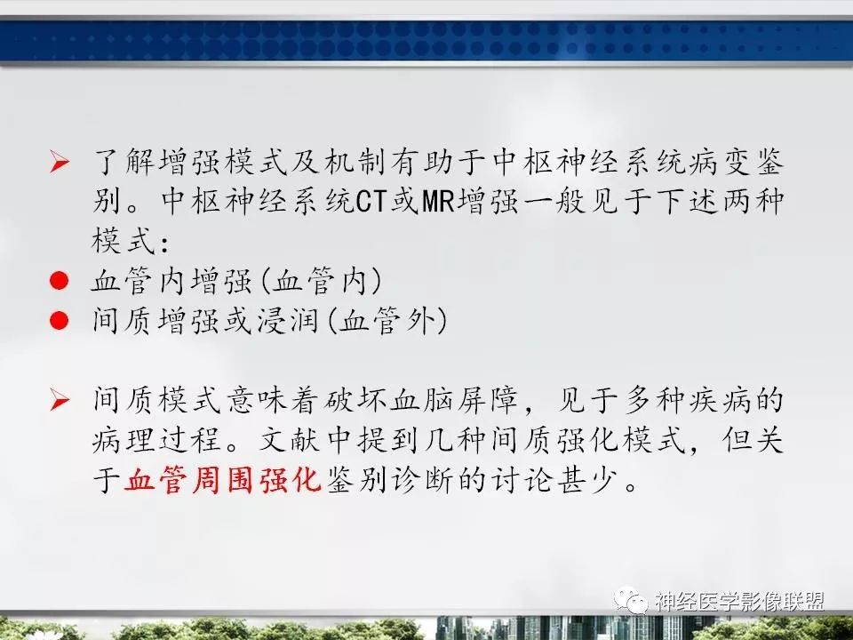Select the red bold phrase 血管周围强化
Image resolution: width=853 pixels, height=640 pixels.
[x=222, y=481]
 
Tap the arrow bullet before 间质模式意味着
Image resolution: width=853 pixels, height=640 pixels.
[x=60, y=402]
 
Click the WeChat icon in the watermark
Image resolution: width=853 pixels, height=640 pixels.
[x=636, y=603]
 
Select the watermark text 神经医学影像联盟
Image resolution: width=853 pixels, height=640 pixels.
[x=739, y=603]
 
